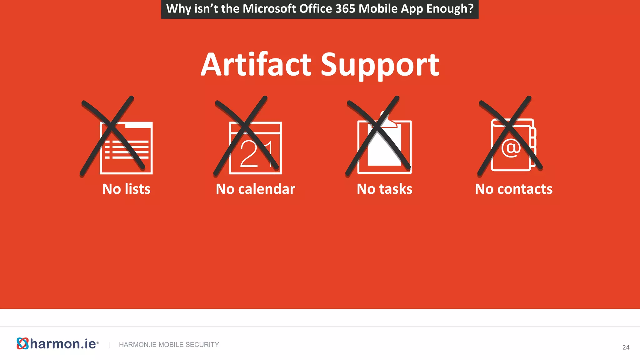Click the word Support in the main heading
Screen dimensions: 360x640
[x=380, y=65]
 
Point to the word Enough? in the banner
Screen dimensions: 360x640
[x=450, y=8]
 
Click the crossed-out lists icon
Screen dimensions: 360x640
[x=126, y=147]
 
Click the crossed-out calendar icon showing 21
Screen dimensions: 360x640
[x=255, y=147]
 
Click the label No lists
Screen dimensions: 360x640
[x=126, y=189]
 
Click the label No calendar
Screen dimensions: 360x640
[x=255, y=189]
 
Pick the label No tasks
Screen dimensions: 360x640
[x=384, y=189]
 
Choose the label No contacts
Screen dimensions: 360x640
[x=513, y=189]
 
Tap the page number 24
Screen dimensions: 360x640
[x=626, y=347]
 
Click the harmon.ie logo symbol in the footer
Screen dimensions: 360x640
[x=22, y=343]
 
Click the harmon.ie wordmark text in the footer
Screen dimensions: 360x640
[x=63, y=344]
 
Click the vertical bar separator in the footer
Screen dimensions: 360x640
[x=109, y=345]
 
